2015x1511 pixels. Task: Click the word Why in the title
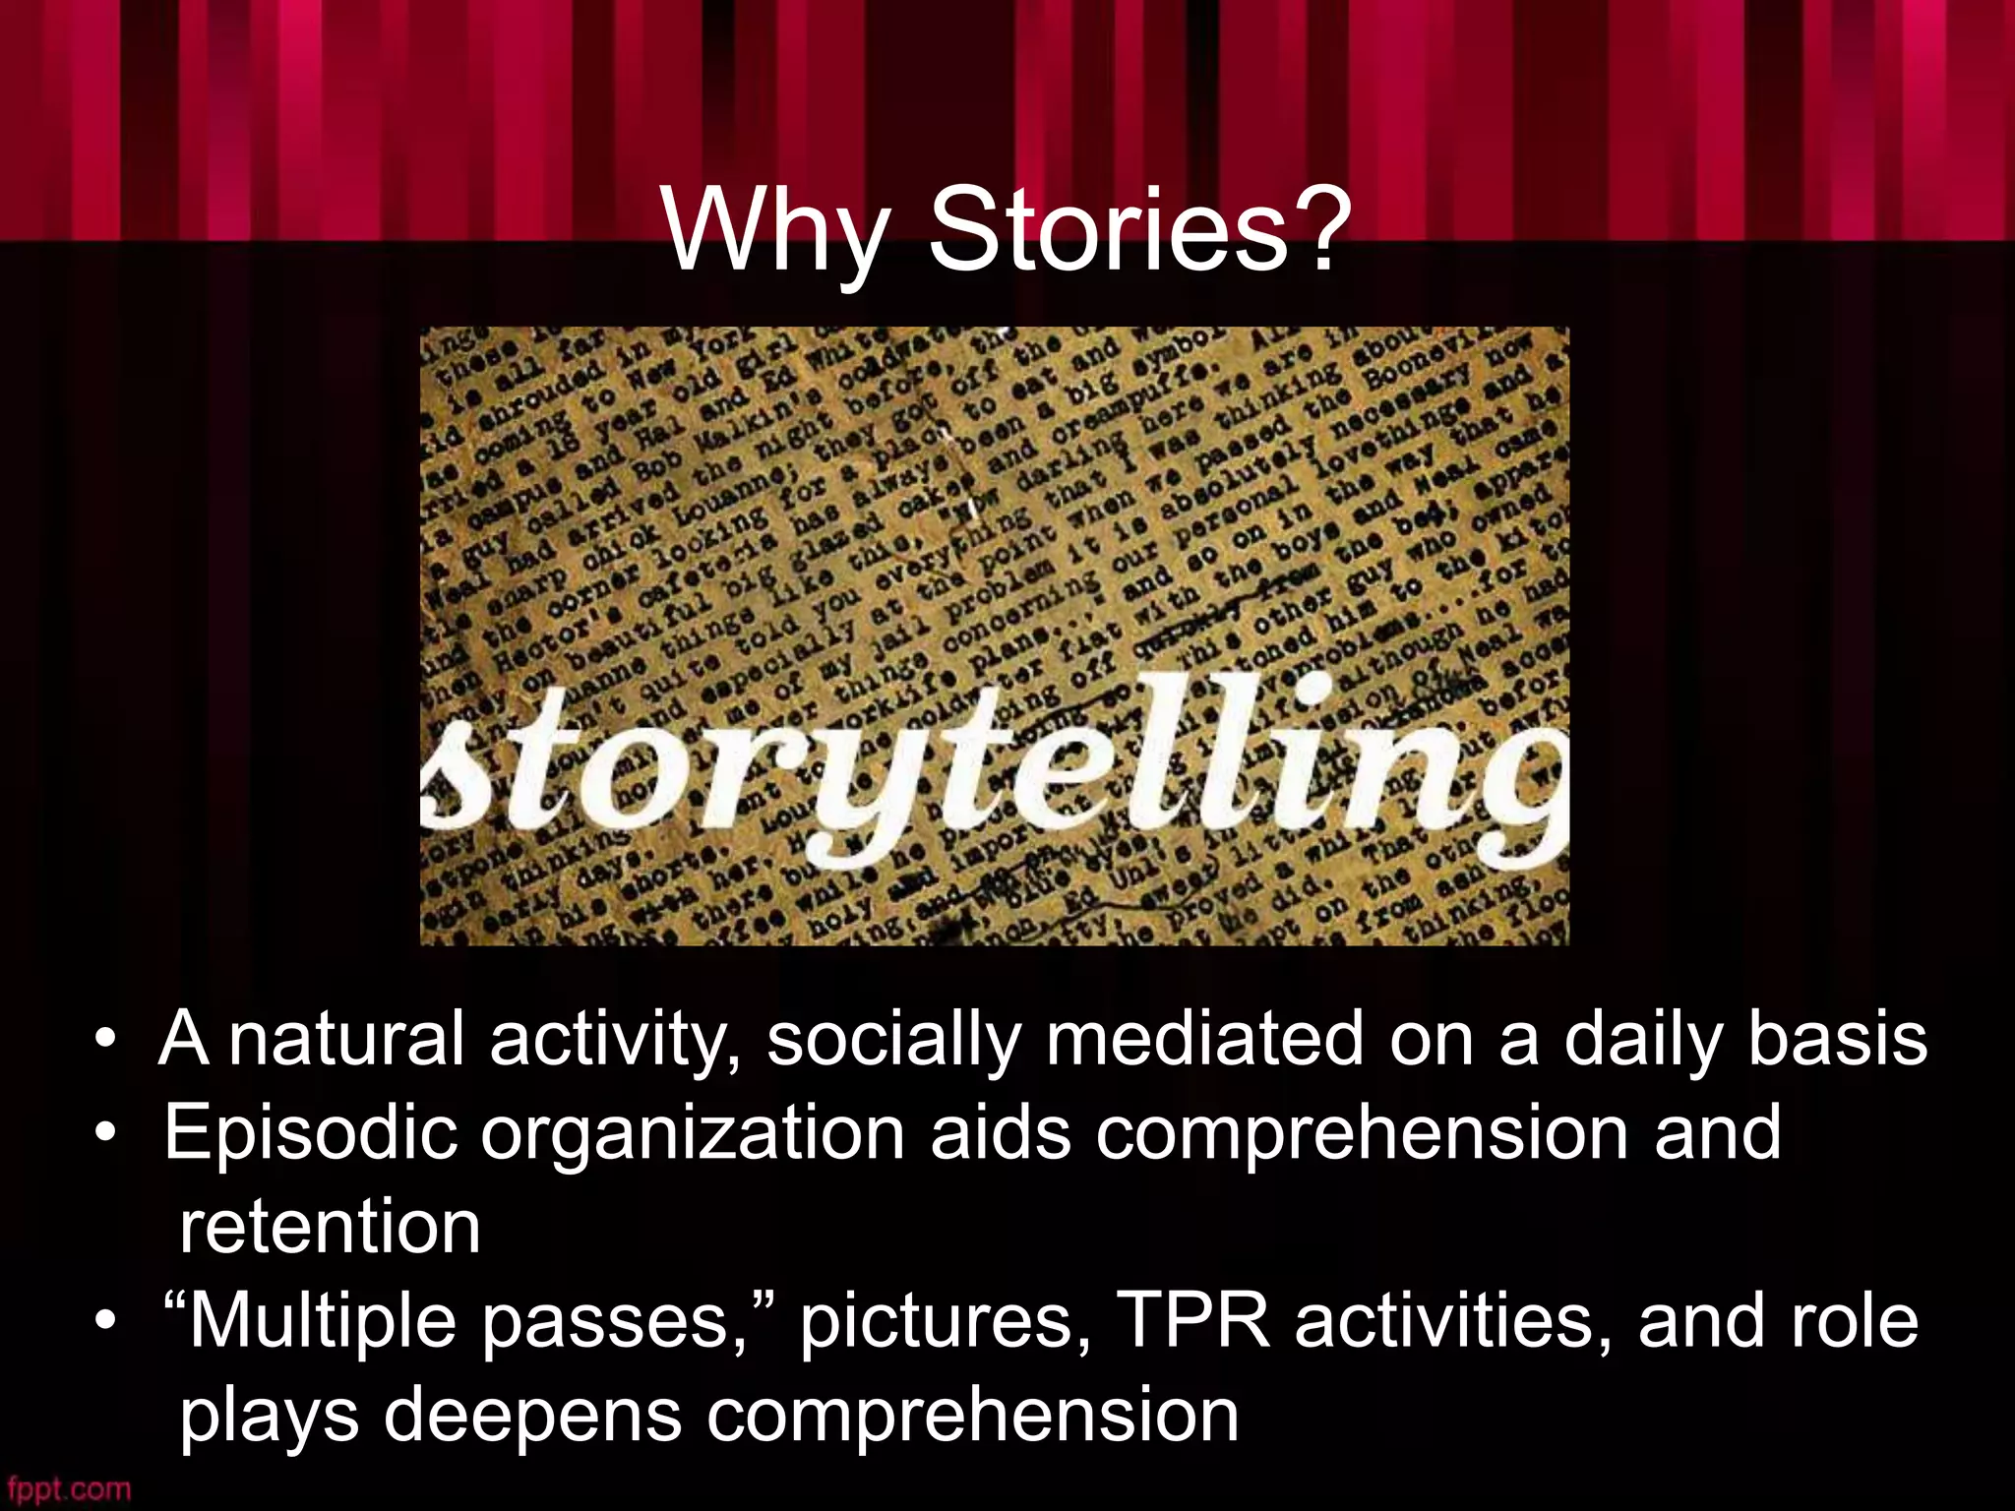[x=774, y=231]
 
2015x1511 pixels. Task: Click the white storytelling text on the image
[x=994, y=767]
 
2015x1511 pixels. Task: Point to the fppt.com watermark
[x=67, y=1489]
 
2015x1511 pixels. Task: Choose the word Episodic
[x=310, y=1132]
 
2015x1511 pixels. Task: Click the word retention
[x=331, y=1227]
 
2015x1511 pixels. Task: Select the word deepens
[x=532, y=1416]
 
